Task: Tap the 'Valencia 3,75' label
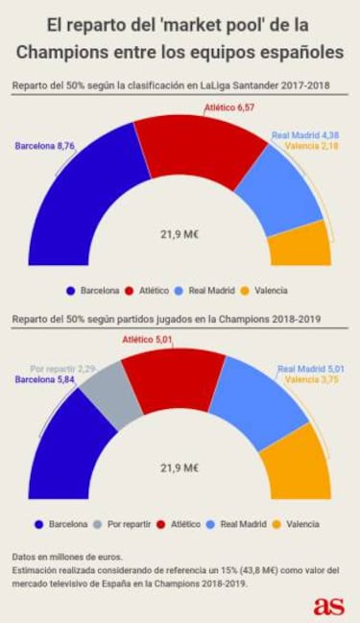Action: pos(314,379)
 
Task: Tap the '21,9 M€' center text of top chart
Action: pos(180,233)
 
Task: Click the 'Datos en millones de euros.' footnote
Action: pos(68,556)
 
